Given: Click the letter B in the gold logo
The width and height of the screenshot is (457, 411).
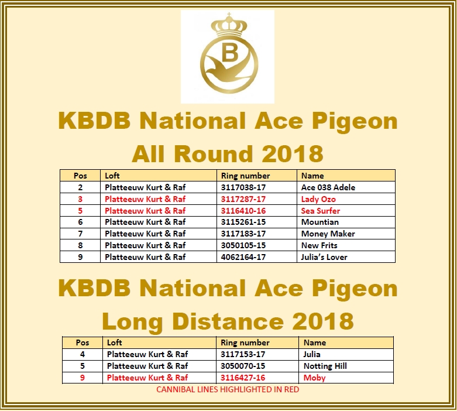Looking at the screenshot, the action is pyautogui.click(x=230, y=53).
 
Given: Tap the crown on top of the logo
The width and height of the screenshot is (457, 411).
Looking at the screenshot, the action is pyautogui.click(x=229, y=25).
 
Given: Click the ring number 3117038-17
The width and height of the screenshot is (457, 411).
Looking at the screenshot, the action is pyautogui.click(x=243, y=187).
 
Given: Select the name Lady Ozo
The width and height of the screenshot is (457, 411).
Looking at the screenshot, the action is pyautogui.click(x=318, y=199).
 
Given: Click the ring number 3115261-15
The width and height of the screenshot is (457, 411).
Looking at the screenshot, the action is pyautogui.click(x=243, y=222).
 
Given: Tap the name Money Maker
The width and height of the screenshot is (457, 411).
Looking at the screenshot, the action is pyautogui.click(x=328, y=234).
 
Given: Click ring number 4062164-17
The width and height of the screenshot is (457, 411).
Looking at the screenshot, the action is pyautogui.click(x=243, y=257).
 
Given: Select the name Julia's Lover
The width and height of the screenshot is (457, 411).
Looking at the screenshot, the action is pyautogui.click(x=324, y=257).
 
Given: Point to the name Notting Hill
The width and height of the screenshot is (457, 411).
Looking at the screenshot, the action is pyautogui.click(x=325, y=366).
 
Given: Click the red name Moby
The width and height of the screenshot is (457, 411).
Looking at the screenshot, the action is pyautogui.click(x=314, y=378).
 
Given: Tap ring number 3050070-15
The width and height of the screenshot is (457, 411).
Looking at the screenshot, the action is pyautogui.click(x=243, y=366).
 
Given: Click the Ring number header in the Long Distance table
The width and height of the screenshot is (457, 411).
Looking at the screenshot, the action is pyautogui.click(x=245, y=342).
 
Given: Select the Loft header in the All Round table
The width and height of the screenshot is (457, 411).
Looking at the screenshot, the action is pyautogui.click(x=112, y=176).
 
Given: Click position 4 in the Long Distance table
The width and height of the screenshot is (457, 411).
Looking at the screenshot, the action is pyautogui.click(x=83, y=354).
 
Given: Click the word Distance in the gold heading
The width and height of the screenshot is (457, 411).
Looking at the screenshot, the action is pyautogui.click(x=228, y=321).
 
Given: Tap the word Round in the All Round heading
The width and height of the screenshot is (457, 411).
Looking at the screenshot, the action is pyautogui.click(x=213, y=154).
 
